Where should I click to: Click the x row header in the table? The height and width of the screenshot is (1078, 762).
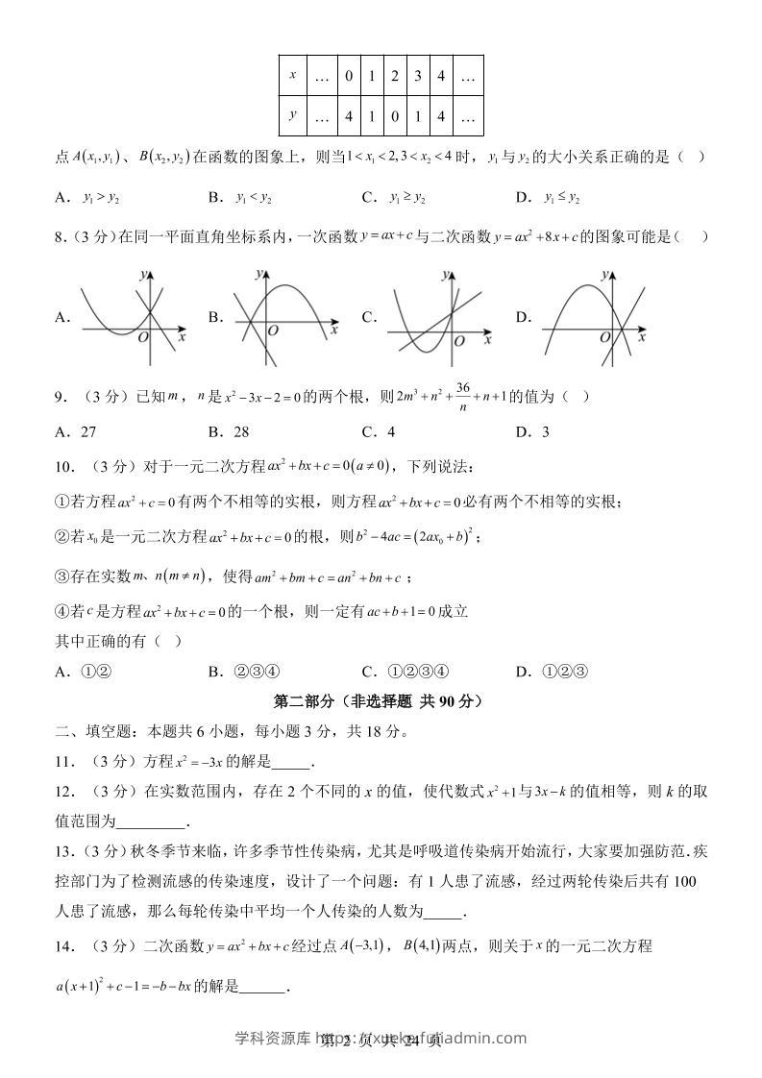292,75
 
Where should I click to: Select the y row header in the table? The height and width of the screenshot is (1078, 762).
292,115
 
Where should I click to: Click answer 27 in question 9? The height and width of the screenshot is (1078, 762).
86,431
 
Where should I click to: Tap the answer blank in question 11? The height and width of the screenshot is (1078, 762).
292,763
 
